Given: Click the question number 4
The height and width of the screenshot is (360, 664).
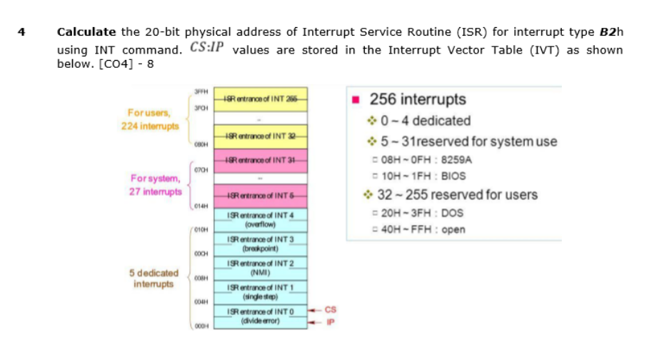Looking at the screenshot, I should [x=22, y=32].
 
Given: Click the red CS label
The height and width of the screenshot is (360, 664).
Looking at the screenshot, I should [x=329, y=309].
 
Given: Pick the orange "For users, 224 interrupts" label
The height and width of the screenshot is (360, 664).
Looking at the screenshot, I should [x=149, y=119].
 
